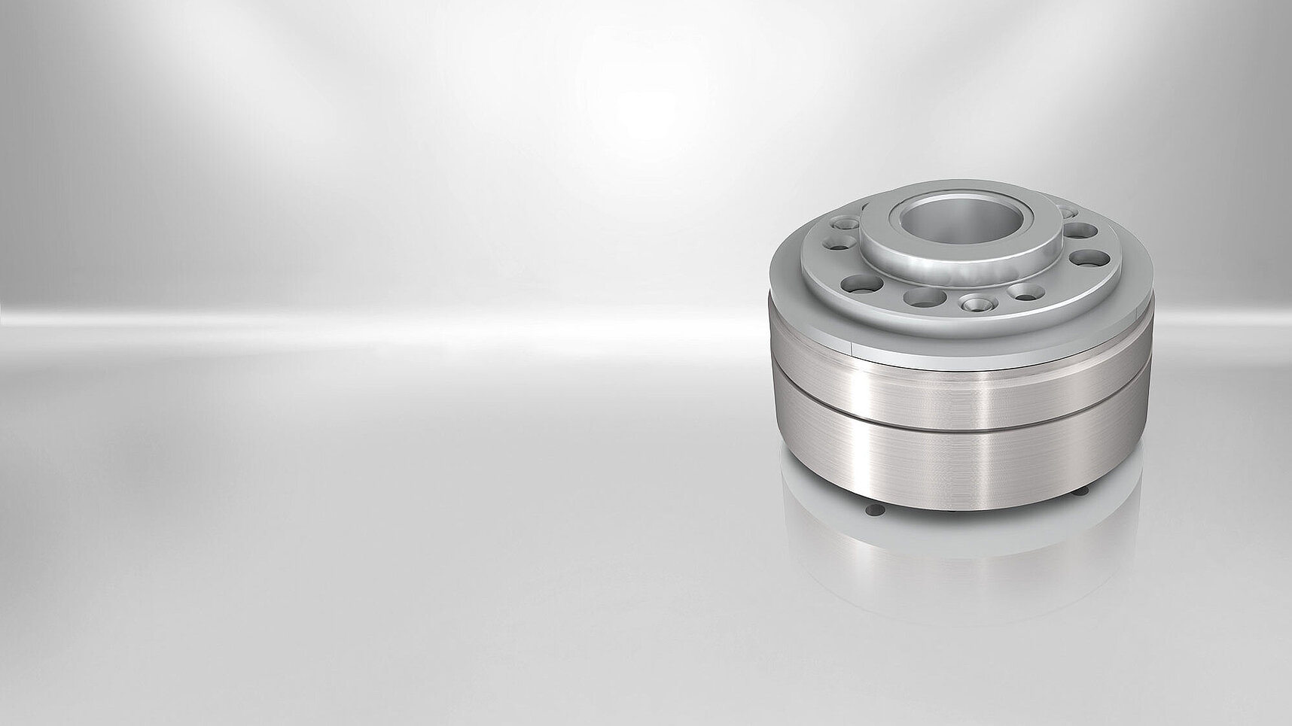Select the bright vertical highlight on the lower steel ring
pos(979,466)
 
